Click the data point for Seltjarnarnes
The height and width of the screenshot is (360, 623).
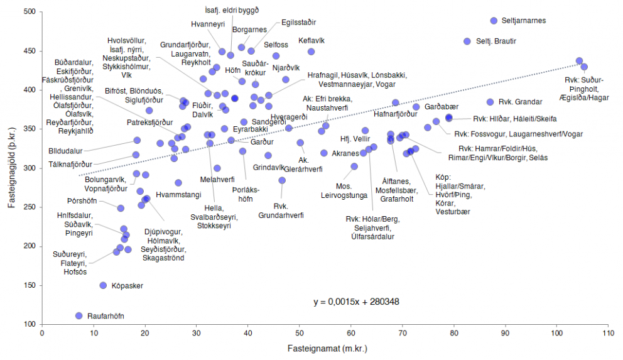tap(494, 21)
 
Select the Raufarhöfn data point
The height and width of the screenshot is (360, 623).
tap(79, 315)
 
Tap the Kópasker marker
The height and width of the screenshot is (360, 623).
tap(104, 285)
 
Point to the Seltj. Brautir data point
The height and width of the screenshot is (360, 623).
tap(467, 41)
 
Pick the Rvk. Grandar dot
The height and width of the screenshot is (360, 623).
tap(490, 102)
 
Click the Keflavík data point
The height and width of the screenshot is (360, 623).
tap(311, 52)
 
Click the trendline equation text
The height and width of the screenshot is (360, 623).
tap(356, 302)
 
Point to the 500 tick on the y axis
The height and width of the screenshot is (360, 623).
tap(30, 12)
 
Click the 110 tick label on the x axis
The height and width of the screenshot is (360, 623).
tap(607, 333)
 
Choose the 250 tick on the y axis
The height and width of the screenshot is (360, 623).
tap(30, 207)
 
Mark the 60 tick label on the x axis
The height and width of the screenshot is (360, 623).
tap(350, 333)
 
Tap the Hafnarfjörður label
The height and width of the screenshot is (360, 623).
tap(395, 114)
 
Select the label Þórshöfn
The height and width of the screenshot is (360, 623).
tap(82, 201)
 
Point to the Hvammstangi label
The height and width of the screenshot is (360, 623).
tap(178, 195)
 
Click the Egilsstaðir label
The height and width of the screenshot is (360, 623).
tap(298, 21)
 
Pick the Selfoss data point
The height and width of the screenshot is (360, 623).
tap(276, 56)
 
